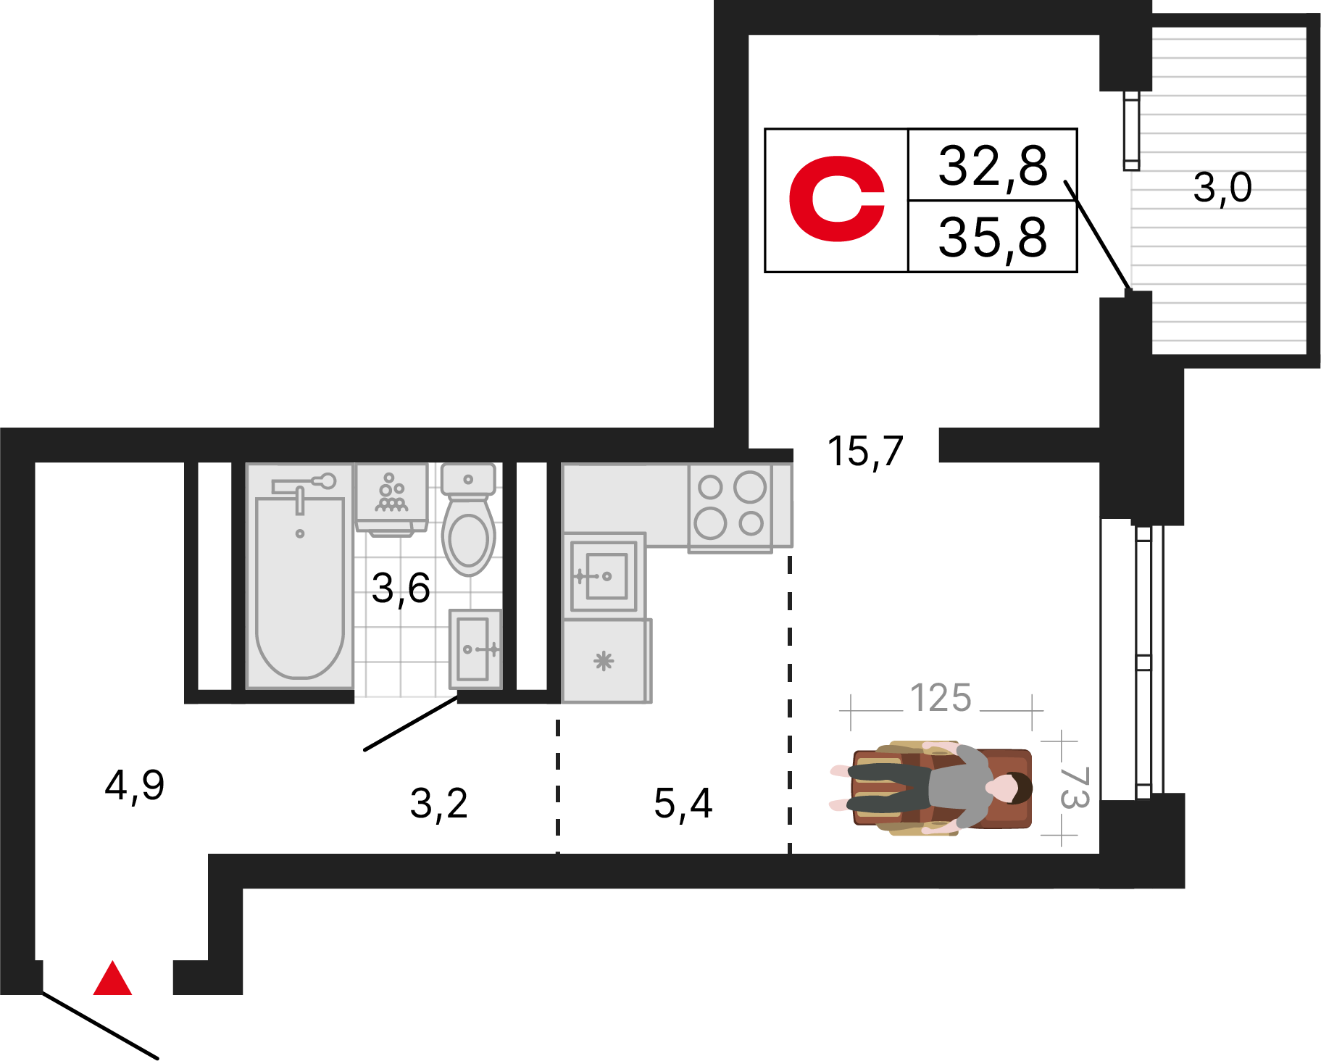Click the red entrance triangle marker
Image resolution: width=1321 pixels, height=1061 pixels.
112,979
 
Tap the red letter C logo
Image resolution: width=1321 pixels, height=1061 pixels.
836,199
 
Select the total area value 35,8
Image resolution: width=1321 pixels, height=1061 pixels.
993,237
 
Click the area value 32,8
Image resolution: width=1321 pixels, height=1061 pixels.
993,166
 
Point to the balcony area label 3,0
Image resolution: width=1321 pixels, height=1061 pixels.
1222,188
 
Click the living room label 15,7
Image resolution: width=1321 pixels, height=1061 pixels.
865,452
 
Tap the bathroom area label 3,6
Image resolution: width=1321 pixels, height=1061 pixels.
401,588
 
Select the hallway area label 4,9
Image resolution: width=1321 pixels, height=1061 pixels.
135,785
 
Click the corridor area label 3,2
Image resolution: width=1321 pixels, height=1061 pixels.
439,804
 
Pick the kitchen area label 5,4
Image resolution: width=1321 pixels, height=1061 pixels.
683,804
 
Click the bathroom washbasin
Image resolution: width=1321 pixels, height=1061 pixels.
475,649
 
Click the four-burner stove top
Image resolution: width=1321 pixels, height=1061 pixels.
730,507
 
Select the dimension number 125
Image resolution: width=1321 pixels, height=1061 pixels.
941,699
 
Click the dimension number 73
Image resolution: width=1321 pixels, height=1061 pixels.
1075,788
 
